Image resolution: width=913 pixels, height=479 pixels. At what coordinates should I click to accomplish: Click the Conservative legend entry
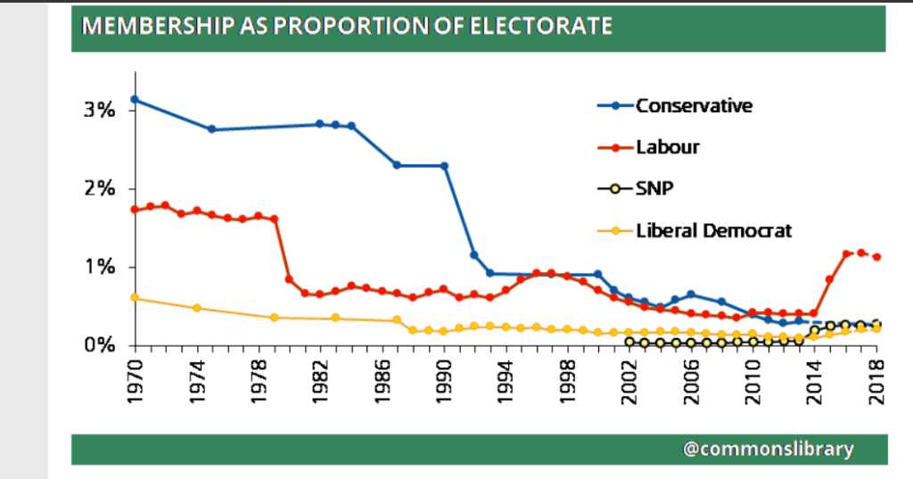[x=694, y=106]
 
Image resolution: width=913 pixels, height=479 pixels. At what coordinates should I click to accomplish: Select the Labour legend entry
[x=667, y=147]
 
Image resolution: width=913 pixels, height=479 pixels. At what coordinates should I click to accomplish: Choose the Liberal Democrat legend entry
[x=713, y=230]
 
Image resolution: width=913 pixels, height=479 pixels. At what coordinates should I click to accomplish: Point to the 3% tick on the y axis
[x=100, y=111]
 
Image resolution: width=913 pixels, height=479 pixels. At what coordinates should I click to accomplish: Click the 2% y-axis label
[x=100, y=189]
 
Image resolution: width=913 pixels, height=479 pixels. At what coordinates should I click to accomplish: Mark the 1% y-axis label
[x=100, y=268]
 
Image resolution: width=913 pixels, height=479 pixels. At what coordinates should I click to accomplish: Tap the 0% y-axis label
[x=100, y=345]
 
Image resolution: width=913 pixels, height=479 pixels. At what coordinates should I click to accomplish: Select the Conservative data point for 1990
[x=444, y=166]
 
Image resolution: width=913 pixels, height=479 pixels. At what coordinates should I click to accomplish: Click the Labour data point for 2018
[x=877, y=257]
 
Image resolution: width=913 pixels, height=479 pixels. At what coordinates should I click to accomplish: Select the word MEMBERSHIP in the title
[x=146, y=26]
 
